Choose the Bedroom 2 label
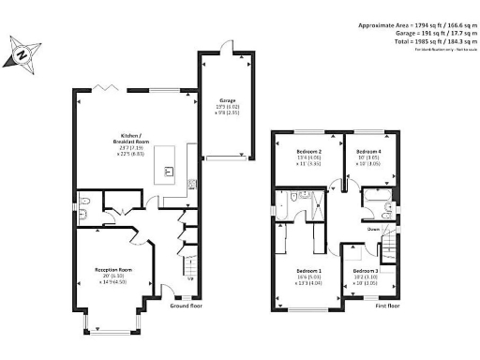[308, 152]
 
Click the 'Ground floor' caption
[186, 306]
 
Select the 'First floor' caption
[387, 306]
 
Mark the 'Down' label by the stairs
[373, 228]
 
